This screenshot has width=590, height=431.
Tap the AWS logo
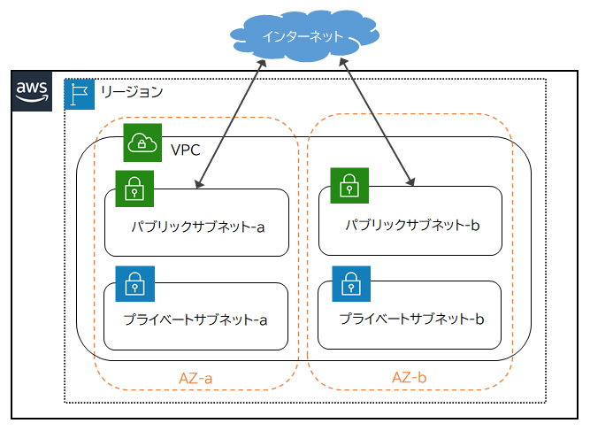33,92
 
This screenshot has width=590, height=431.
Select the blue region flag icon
80,93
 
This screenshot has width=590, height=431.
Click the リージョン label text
131,92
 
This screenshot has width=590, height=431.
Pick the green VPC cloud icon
142,142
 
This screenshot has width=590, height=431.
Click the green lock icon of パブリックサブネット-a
134,188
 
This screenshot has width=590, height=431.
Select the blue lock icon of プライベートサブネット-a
134,283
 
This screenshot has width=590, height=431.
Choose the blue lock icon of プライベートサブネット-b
350,282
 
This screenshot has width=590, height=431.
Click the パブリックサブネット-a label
197,227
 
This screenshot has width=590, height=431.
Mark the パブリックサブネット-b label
411,226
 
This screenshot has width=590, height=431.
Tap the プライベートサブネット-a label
195,320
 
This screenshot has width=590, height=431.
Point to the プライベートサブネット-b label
411,318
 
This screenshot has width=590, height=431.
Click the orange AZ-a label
196,378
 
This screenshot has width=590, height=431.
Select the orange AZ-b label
410,377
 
